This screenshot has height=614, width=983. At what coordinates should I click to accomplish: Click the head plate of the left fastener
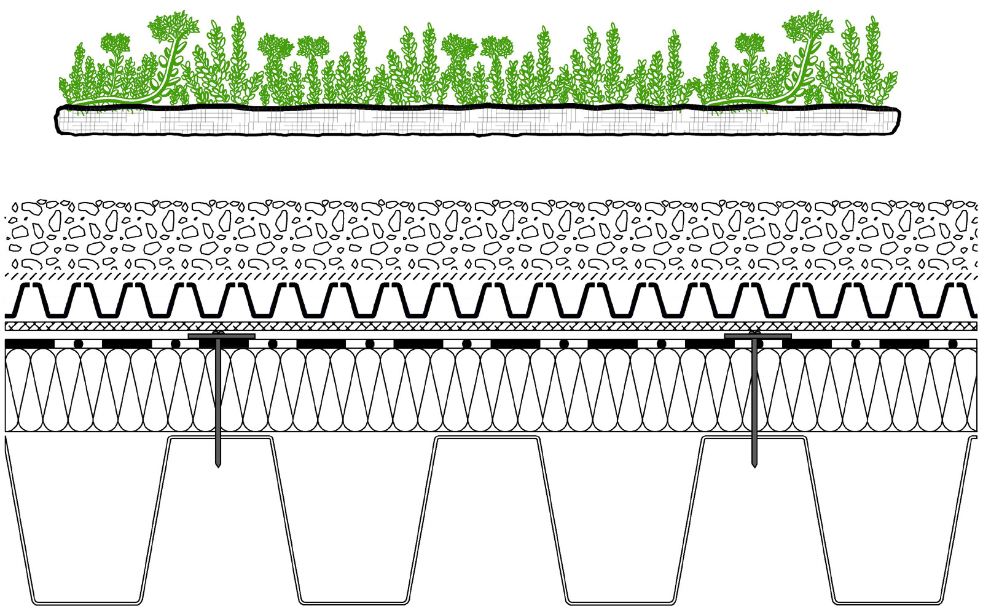[221, 336]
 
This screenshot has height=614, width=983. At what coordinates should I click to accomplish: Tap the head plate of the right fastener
[758, 336]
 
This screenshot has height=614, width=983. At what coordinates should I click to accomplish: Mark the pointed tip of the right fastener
[754, 465]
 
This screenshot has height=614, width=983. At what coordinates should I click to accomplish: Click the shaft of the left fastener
[218, 399]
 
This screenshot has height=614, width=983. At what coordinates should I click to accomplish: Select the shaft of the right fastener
[754, 399]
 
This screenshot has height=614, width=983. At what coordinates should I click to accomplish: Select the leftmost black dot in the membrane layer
[78, 343]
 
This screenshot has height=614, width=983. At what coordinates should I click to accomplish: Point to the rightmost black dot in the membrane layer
[952, 343]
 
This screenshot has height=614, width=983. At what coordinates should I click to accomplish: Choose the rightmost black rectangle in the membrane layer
[904, 343]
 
